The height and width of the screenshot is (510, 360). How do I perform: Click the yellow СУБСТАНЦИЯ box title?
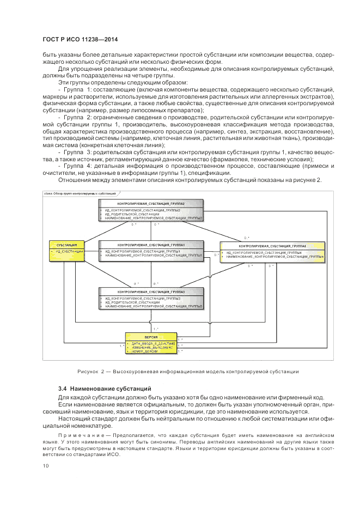point(66,245)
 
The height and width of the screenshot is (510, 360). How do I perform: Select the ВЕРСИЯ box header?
point(151,338)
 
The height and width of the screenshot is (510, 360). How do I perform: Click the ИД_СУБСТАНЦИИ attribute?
point(68,252)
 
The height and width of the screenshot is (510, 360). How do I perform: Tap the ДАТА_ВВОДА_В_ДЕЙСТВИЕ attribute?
point(152,344)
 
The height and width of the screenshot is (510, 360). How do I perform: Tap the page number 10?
point(45,465)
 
